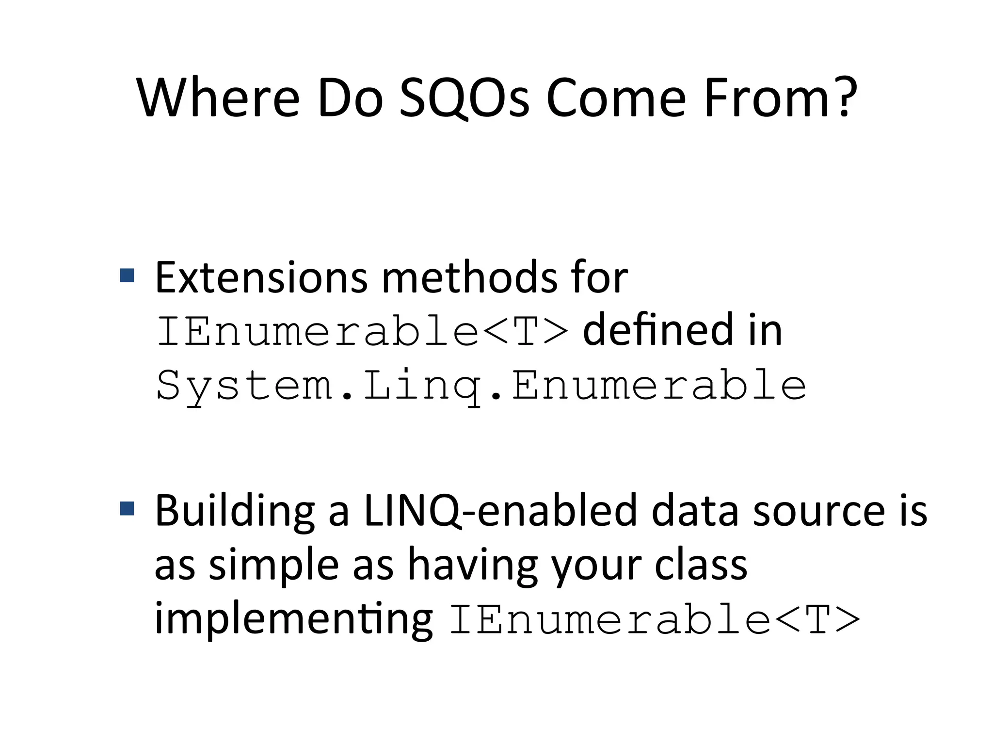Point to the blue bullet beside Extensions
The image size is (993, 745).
coord(127,275)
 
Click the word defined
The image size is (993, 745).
coord(658,330)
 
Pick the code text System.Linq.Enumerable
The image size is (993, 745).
coord(481,386)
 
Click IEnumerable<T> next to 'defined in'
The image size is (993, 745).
coord(362,331)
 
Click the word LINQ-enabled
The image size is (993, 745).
coord(500,511)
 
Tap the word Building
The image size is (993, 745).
coord(235,511)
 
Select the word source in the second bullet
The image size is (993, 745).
coord(819,511)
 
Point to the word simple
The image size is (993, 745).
coord(274,566)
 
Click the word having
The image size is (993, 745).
coord(472,566)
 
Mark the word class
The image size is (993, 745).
coord(701,566)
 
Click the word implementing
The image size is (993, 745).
coord(293,619)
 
